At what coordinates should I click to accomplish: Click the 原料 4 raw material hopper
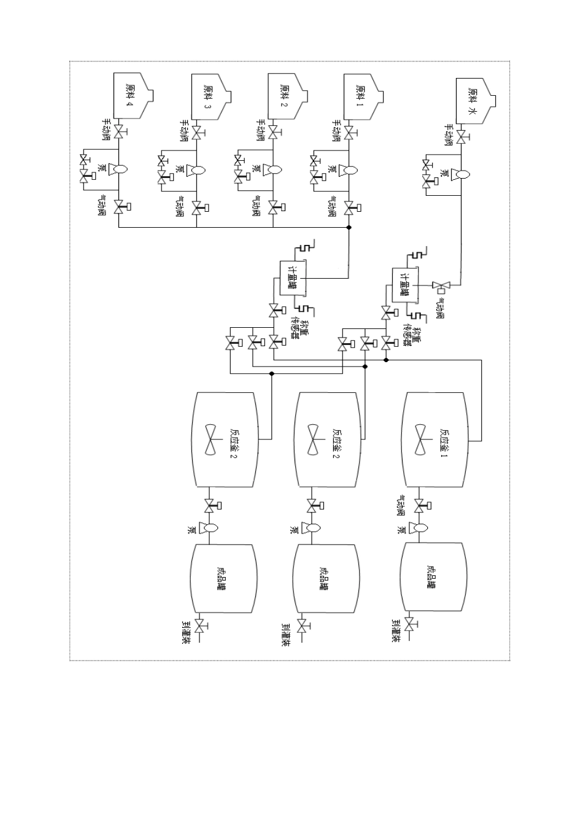pyautogui.click(x=131, y=96)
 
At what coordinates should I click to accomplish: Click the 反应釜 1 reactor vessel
pyautogui.click(x=435, y=440)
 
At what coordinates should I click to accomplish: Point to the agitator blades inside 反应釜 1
pyautogui.click(x=420, y=440)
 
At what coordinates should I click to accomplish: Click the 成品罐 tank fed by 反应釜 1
pyautogui.click(x=432, y=578)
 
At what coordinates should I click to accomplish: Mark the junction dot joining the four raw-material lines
pyautogui.click(x=349, y=228)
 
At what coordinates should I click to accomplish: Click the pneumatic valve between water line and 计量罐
pyautogui.click(x=440, y=285)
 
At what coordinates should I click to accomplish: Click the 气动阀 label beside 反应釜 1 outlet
pyautogui.click(x=403, y=505)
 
